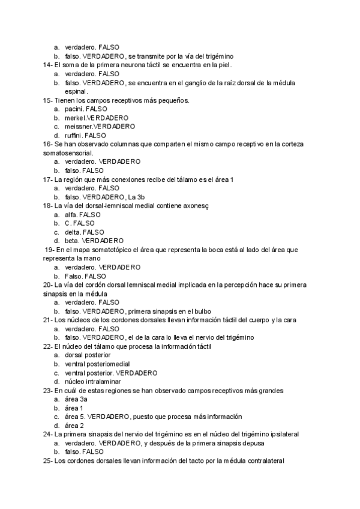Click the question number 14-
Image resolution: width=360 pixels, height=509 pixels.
pos(47,65)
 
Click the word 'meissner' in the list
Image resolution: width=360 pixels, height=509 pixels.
pos(77,127)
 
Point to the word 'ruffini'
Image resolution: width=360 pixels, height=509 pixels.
pos(74,136)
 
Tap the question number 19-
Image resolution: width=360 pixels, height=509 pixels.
pos(50,250)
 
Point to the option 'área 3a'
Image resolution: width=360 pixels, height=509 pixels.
pos(76,400)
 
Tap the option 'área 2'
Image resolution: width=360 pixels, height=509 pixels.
pos(74,426)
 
